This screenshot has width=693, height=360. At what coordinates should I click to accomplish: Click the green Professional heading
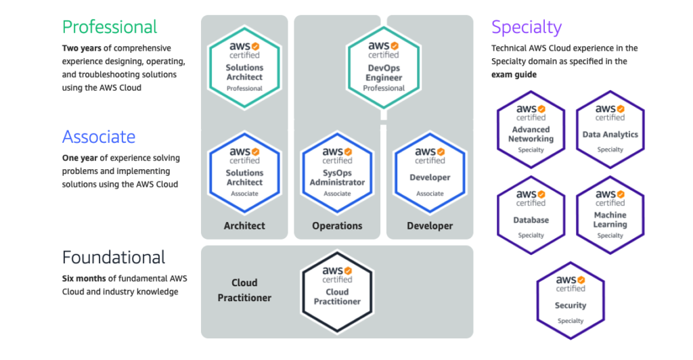(110, 27)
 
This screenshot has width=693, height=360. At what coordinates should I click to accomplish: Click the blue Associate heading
(99, 137)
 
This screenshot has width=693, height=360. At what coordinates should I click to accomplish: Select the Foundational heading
(114, 258)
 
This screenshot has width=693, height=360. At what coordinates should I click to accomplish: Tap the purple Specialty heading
(527, 28)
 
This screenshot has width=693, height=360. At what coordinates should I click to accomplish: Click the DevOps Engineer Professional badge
(384, 66)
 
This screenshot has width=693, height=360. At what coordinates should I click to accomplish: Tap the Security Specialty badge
(571, 300)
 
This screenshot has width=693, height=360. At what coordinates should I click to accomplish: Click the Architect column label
(244, 226)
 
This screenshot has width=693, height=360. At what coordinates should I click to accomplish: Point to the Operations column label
(337, 226)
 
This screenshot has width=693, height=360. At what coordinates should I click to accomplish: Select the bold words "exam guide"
(514, 74)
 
